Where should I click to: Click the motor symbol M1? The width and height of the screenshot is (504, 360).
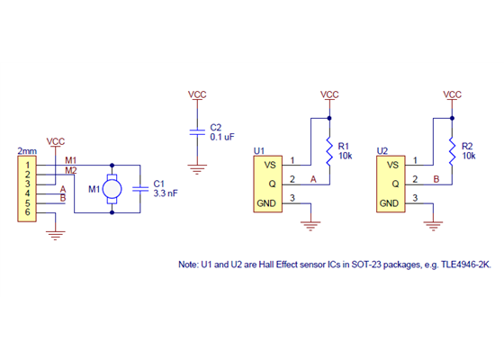coord(112,189)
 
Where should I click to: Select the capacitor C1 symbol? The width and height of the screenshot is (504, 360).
coord(139,189)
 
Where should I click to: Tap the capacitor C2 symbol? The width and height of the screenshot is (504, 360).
coord(197,131)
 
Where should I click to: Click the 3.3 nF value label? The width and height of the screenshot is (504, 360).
coord(166,193)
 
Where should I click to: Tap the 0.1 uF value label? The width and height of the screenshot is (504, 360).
coord(222,138)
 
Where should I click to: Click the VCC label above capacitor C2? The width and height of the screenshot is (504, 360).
coord(197,94)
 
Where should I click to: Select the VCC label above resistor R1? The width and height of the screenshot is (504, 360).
coord(329,94)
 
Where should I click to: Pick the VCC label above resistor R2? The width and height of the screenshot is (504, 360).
coord(453,94)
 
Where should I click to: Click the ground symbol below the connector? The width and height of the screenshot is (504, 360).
coord(56,236)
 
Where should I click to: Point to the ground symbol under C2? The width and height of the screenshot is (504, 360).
coord(197,167)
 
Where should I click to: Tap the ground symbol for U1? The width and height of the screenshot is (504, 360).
coord(311,224)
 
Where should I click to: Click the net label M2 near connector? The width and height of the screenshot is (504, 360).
coord(70,171)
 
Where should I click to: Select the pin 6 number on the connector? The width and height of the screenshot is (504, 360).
coord(28,212)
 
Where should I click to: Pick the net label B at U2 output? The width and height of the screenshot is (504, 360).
coord(436,180)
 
